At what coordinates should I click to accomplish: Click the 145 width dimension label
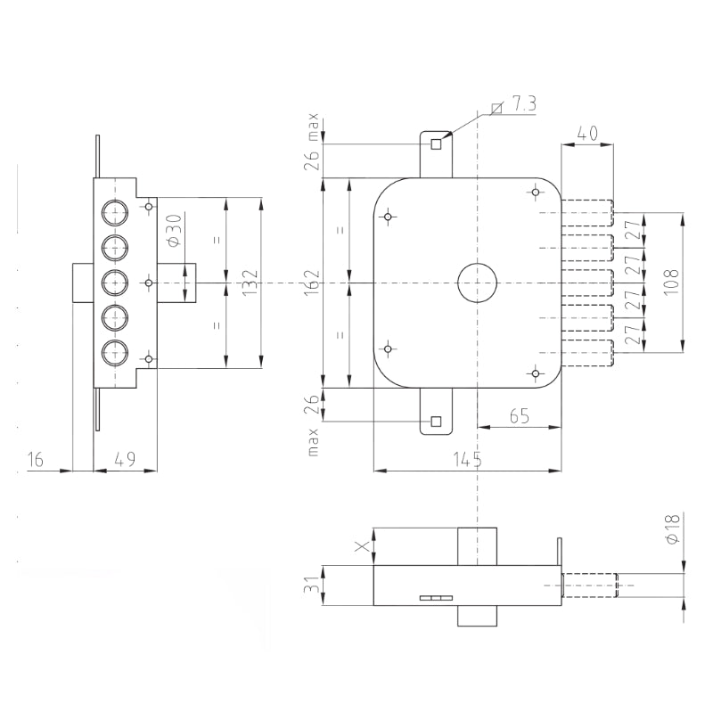click(467, 459)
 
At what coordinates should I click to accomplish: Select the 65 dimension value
click(520, 415)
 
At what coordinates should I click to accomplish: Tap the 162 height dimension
click(313, 283)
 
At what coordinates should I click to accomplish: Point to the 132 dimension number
click(250, 283)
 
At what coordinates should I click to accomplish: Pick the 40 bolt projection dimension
click(587, 133)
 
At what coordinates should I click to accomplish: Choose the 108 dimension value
click(672, 282)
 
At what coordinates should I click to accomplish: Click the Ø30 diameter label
click(175, 230)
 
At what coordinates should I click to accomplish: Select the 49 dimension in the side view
click(125, 459)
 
